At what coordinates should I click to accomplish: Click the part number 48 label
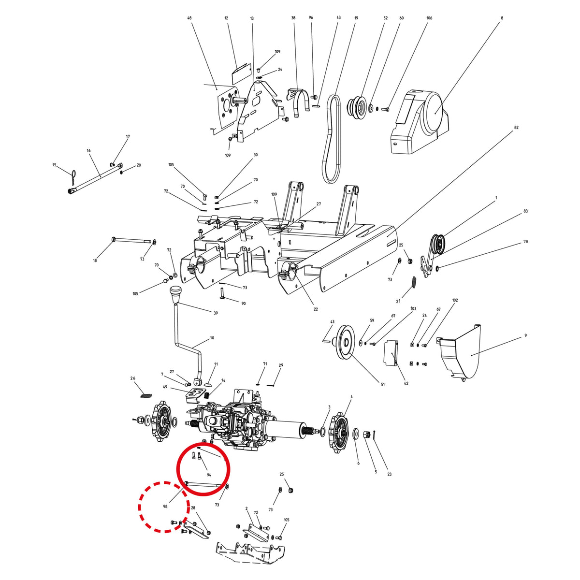(189, 18)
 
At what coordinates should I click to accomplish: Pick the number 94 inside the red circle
(209, 475)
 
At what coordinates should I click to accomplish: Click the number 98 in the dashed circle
(165, 507)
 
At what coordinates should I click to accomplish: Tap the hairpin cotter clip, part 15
(74, 177)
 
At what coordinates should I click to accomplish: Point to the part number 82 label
(516, 128)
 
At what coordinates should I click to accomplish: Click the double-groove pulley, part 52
(357, 106)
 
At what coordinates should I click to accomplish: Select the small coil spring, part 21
(414, 282)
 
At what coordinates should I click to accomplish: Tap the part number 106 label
(429, 18)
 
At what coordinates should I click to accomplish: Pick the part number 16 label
(88, 150)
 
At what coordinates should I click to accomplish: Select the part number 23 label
(390, 474)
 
